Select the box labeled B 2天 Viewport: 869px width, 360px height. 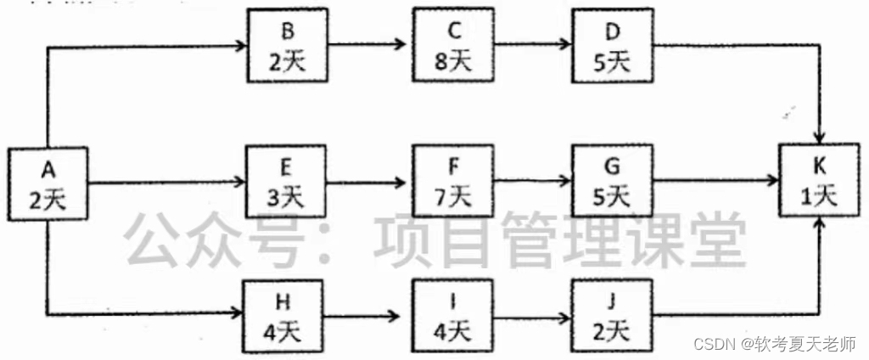(288, 46)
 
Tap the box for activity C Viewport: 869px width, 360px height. (455, 46)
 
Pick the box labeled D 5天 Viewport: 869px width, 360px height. (612, 46)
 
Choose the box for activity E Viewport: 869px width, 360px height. (286, 183)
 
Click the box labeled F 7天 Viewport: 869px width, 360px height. (454, 183)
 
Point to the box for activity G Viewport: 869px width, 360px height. (612, 183)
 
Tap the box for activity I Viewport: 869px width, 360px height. (453, 315)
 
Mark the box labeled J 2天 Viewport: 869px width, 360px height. (612, 315)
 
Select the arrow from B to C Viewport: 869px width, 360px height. (370, 44)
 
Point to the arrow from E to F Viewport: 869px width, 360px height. (370, 182)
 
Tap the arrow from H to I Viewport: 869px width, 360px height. (370, 316)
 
